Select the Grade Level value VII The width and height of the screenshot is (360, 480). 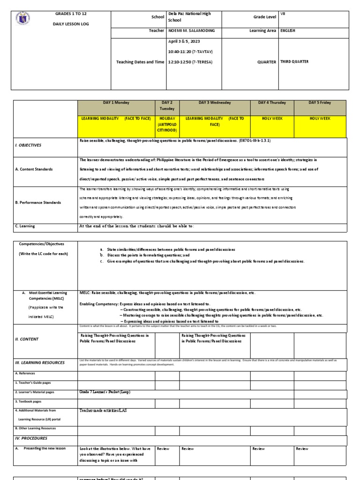(x=283, y=14)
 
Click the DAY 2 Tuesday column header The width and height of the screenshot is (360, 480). (x=167, y=105)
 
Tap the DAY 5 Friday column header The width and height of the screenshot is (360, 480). (x=320, y=103)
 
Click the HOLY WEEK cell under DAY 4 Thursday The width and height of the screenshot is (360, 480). (x=272, y=119)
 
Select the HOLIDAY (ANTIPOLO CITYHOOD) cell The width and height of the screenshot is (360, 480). (x=167, y=124)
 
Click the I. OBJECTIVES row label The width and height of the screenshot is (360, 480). (x=29, y=145)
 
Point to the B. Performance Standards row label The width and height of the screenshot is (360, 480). (x=38, y=202)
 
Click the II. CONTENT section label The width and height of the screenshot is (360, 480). (x=27, y=339)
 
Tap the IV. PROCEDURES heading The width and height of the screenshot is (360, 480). (x=31, y=438)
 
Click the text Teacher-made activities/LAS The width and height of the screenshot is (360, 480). (x=103, y=410)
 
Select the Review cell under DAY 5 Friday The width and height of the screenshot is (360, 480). (x=302, y=449)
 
